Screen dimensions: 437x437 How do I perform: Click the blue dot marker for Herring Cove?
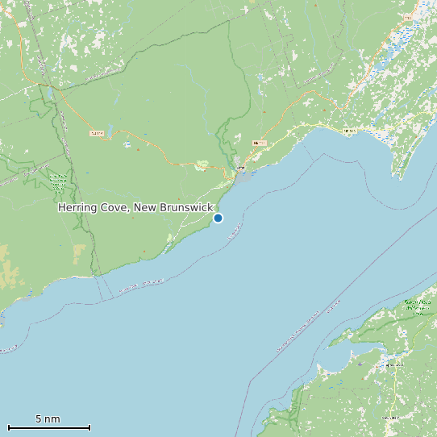[x=218, y=218]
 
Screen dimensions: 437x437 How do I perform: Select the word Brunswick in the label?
[x=185, y=208]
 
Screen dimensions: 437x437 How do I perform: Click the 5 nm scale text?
[x=48, y=419]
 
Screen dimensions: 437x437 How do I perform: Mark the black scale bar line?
[x=48, y=427]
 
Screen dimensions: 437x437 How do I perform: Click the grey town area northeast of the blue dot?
[x=242, y=173]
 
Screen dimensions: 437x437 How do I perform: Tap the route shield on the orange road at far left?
[x=97, y=133]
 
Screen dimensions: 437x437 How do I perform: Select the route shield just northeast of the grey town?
[x=259, y=143]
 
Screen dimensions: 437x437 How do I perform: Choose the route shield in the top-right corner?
[x=408, y=17]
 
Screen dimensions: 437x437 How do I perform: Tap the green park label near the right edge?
[x=418, y=306]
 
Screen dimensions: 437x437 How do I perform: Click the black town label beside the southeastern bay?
[x=393, y=365]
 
